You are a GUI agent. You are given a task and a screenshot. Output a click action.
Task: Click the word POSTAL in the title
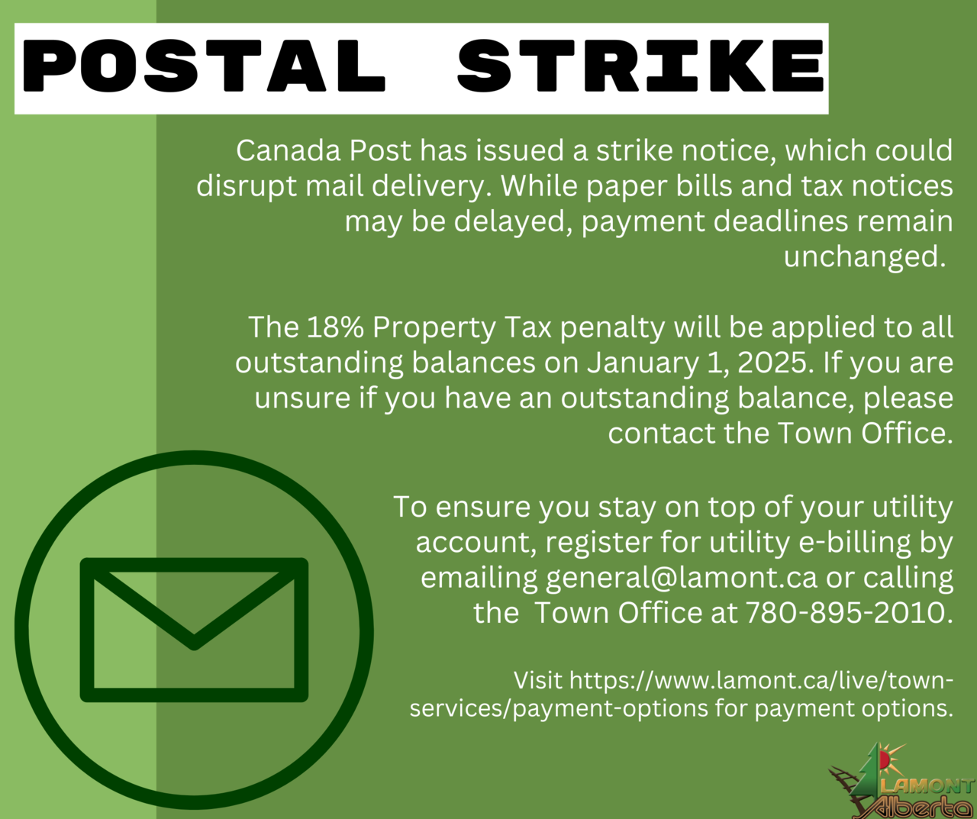pyautogui.click(x=204, y=66)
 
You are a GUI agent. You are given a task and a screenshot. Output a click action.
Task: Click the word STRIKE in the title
pyautogui.click(x=640, y=66)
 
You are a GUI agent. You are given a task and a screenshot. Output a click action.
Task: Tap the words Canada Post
pyautogui.click(x=324, y=150)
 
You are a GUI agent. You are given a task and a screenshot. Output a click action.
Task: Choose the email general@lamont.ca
pyautogui.click(x=682, y=579)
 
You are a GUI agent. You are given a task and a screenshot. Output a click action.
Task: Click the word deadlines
pyautogui.click(x=781, y=221)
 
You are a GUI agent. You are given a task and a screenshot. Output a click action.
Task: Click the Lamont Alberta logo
pyautogui.click(x=901, y=779)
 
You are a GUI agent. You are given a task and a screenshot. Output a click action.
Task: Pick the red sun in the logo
pyautogui.click(x=884, y=760)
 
